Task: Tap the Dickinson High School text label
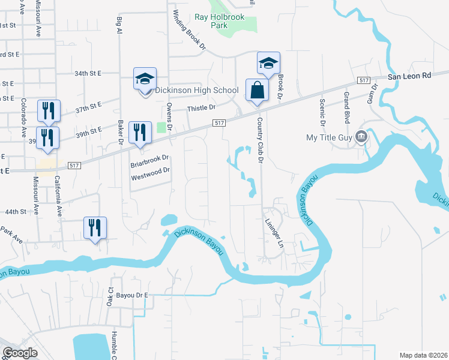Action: click(x=197, y=90)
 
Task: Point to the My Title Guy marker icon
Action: click(x=361, y=136)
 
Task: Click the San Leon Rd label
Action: click(x=409, y=76)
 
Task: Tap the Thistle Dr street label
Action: click(x=201, y=108)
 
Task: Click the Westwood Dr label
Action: click(x=151, y=170)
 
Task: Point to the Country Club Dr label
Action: click(x=261, y=139)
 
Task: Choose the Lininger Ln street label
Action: click(x=273, y=233)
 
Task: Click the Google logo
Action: click(x=20, y=353)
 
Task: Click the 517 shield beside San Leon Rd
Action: click(x=363, y=80)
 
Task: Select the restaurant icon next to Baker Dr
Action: click(x=140, y=133)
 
